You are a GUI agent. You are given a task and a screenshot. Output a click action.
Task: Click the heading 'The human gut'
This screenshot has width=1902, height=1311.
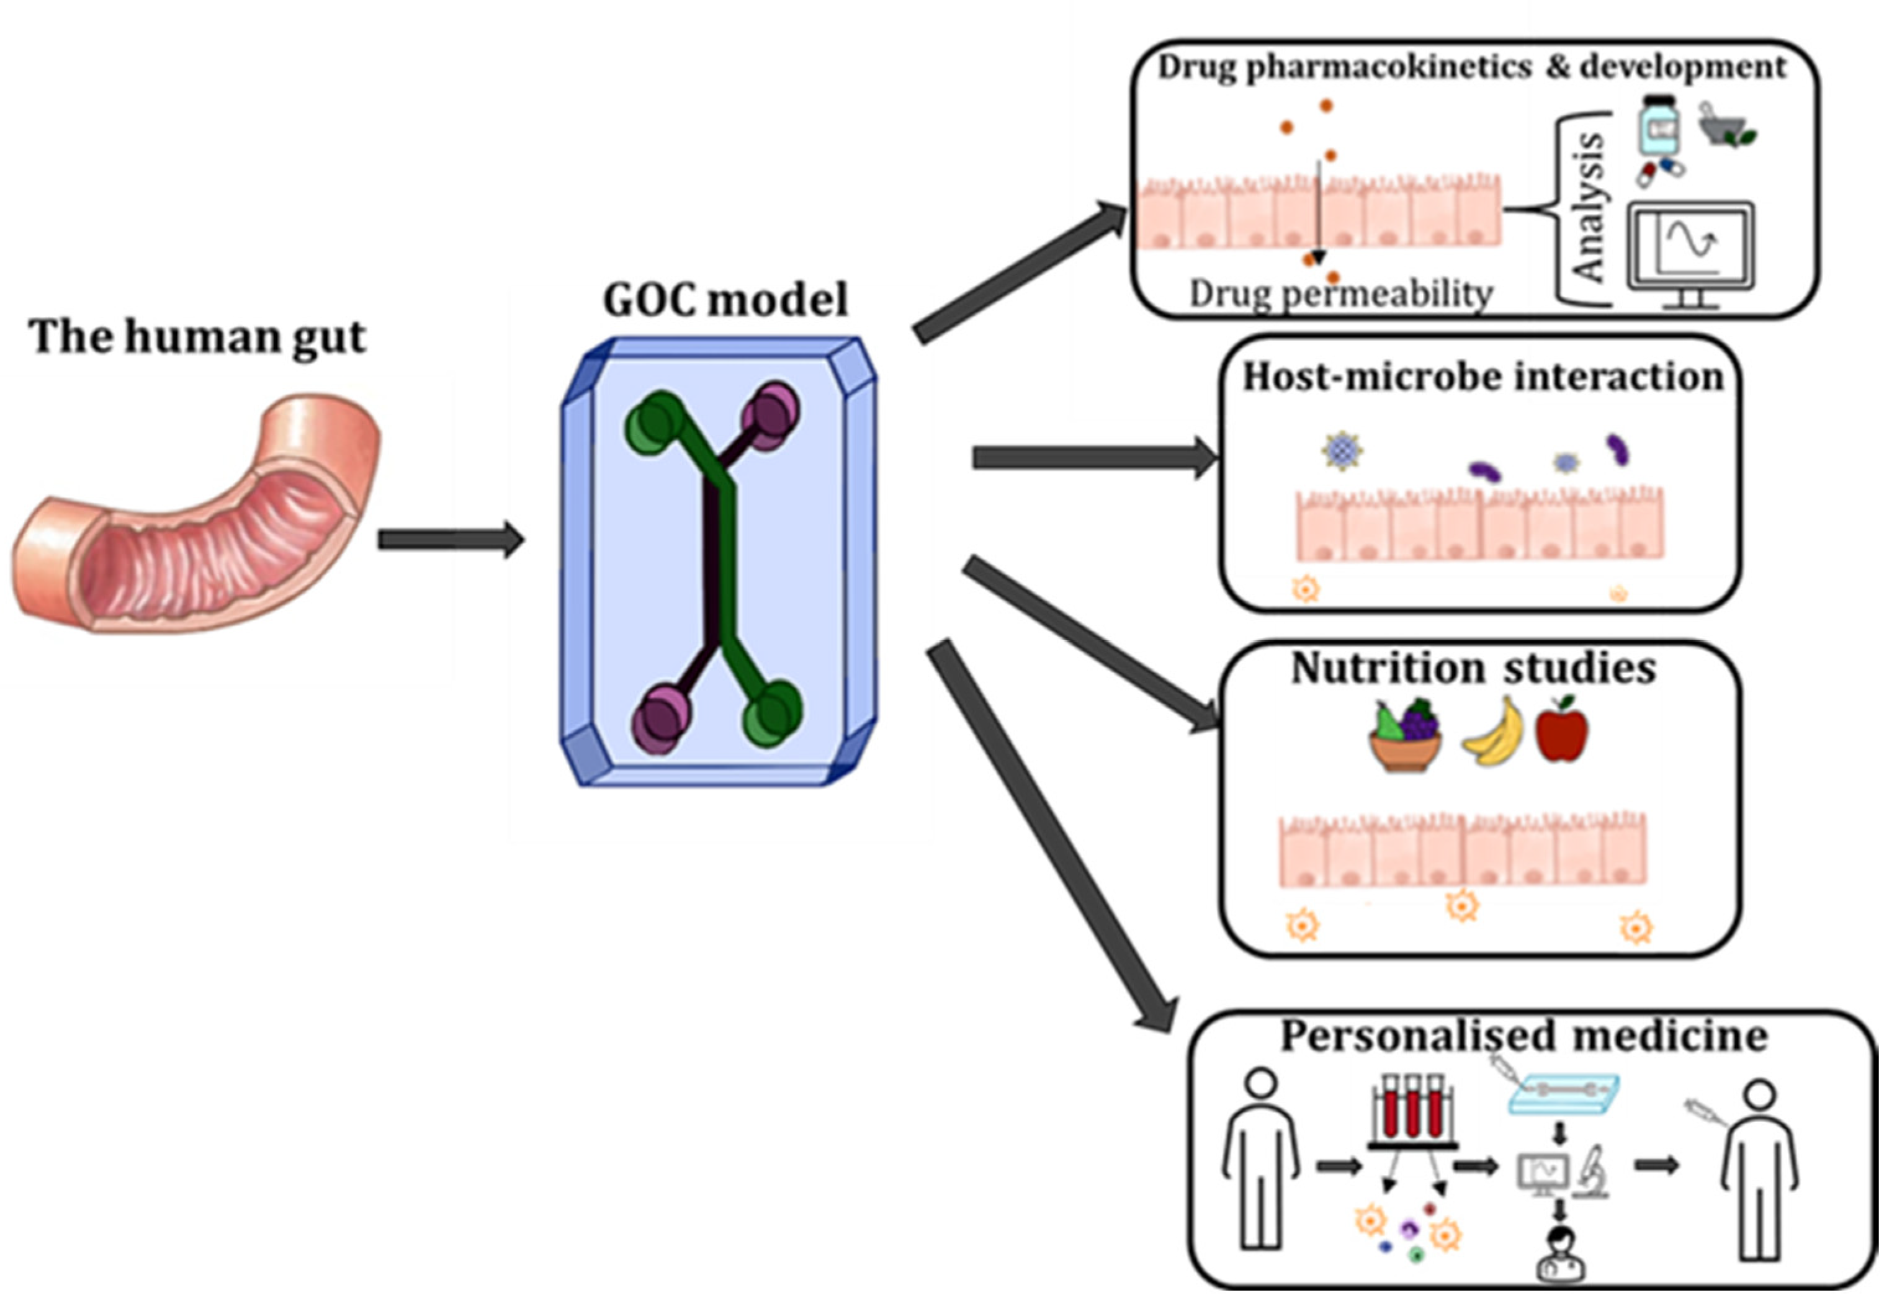(197, 338)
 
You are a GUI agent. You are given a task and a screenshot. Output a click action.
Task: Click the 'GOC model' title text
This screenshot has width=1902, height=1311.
(725, 300)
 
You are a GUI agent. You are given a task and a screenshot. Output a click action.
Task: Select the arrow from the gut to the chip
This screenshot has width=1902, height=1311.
(451, 540)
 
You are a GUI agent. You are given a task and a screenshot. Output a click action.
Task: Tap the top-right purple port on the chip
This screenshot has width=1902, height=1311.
(771, 415)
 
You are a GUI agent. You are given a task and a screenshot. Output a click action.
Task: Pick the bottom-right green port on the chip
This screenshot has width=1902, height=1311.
(773, 713)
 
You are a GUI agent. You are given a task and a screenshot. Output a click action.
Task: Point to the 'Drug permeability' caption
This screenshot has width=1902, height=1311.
(1341, 293)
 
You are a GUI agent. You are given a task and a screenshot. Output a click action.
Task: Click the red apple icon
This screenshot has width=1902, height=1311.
(1562, 730)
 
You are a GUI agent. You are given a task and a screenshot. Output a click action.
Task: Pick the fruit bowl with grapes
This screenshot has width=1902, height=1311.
(1404, 735)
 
